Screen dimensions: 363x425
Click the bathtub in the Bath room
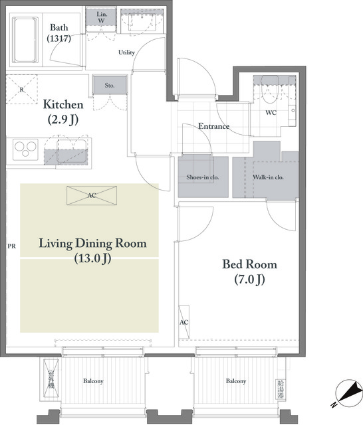(x=25, y=40)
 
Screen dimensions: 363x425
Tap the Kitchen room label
(x=63, y=104)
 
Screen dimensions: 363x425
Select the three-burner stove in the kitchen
(x=25, y=149)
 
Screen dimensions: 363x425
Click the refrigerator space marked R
(x=22, y=90)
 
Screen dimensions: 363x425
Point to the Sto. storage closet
(x=110, y=85)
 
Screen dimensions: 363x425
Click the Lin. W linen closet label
(x=102, y=17)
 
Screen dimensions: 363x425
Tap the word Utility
(x=126, y=52)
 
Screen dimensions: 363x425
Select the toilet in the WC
(x=270, y=89)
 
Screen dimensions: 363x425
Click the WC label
(x=271, y=112)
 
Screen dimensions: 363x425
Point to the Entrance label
(x=214, y=126)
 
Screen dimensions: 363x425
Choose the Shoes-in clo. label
(x=203, y=177)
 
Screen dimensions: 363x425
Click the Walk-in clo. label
(x=268, y=177)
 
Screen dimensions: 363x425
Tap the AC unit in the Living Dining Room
(x=92, y=195)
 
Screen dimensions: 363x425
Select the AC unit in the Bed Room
(x=184, y=322)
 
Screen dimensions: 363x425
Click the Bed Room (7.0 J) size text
(x=249, y=280)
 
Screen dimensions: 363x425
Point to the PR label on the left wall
(x=12, y=246)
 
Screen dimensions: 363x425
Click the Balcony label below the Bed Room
(x=236, y=381)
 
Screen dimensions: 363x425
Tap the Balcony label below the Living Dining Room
(x=93, y=381)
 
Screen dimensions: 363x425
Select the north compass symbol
(x=348, y=393)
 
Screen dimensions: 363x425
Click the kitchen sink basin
(x=72, y=151)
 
